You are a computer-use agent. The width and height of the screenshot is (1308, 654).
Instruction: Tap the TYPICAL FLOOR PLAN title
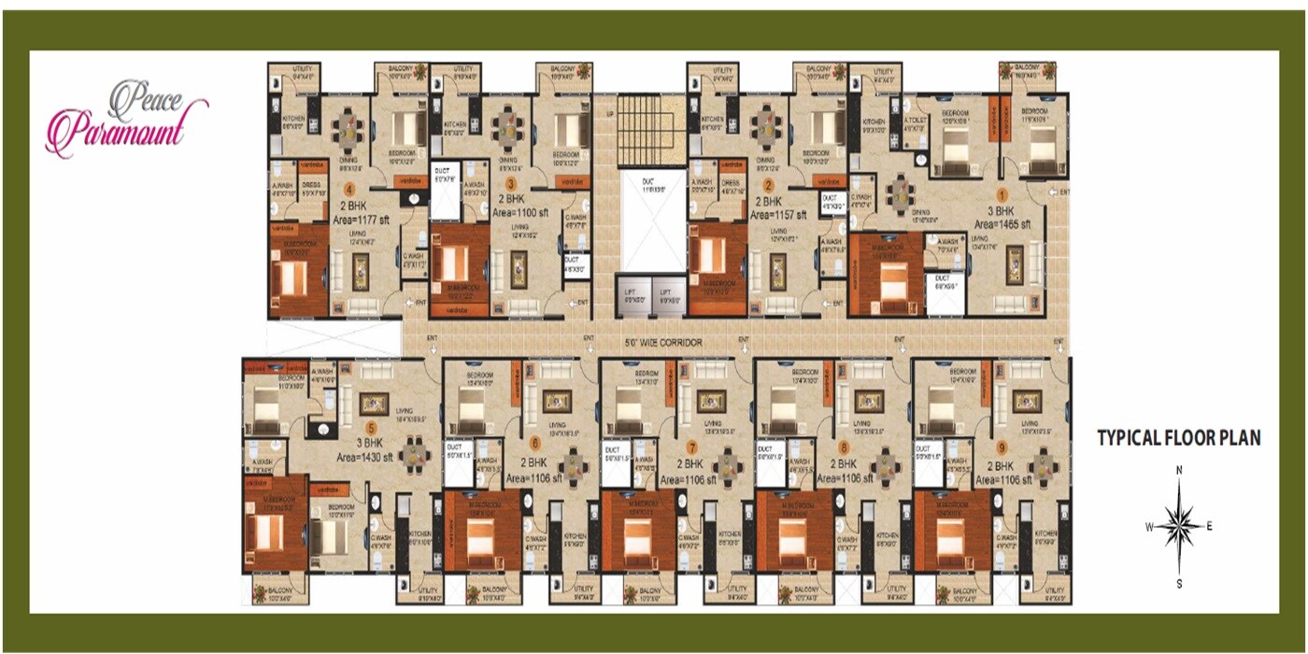(x=1178, y=437)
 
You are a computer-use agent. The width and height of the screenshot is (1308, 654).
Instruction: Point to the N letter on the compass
(x=1179, y=470)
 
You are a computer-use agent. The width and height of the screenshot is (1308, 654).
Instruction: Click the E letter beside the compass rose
(x=1209, y=526)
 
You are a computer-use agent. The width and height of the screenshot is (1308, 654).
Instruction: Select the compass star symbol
(x=1179, y=526)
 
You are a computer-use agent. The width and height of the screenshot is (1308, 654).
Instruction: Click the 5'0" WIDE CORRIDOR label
(x=663, y=343)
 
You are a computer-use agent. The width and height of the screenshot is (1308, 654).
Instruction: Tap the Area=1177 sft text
(x=366, y=220)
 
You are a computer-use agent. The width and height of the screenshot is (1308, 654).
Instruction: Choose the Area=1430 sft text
(x=368, y=456)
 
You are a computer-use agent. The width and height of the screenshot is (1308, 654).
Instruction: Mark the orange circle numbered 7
(x=691, y=446)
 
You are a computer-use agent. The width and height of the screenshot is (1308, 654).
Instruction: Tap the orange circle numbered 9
(x=1002, y=446)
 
